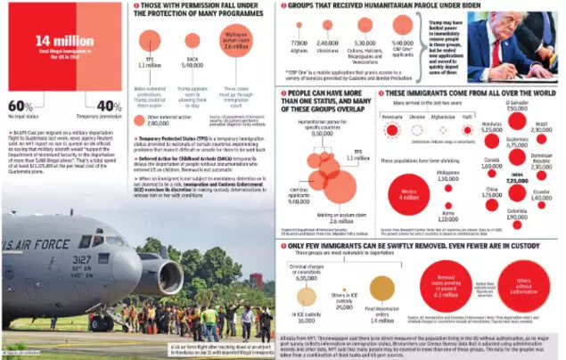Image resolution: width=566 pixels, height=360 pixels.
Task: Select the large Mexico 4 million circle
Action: pos(409,196)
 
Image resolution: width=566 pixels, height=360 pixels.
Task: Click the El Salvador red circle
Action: pos(517,120)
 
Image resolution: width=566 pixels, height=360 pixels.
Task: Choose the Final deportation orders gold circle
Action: pos(381,287)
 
